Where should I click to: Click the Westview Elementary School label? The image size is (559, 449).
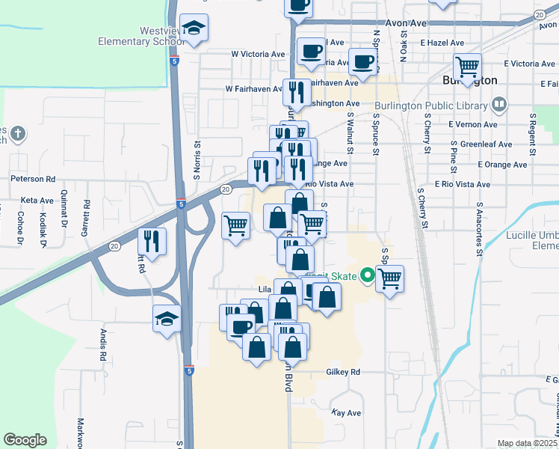[x=140, y=36]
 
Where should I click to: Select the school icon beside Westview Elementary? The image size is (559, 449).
[x=194, y=29]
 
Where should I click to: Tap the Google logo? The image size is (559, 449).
[x=25, y=440]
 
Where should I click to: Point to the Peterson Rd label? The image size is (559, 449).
[x=33, y=180]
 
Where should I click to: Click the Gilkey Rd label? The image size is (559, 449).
[x=344, y=372]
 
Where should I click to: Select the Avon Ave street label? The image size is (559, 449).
[x=406, y=23]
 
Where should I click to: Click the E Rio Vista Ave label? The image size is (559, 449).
[x=463, y=184]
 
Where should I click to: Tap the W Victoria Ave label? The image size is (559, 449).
[x=259, y=55]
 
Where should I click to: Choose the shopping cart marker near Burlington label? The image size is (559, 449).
[x=467, y=67]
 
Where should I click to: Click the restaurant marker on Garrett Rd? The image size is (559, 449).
[x=152, y=241]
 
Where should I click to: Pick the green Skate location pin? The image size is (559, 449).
[x=366, y=275]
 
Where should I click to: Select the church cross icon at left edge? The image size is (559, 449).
[x=19, y=135]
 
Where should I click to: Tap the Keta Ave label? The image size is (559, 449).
[x=37, y=201]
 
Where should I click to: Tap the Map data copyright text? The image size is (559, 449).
[x=527, y=443]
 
